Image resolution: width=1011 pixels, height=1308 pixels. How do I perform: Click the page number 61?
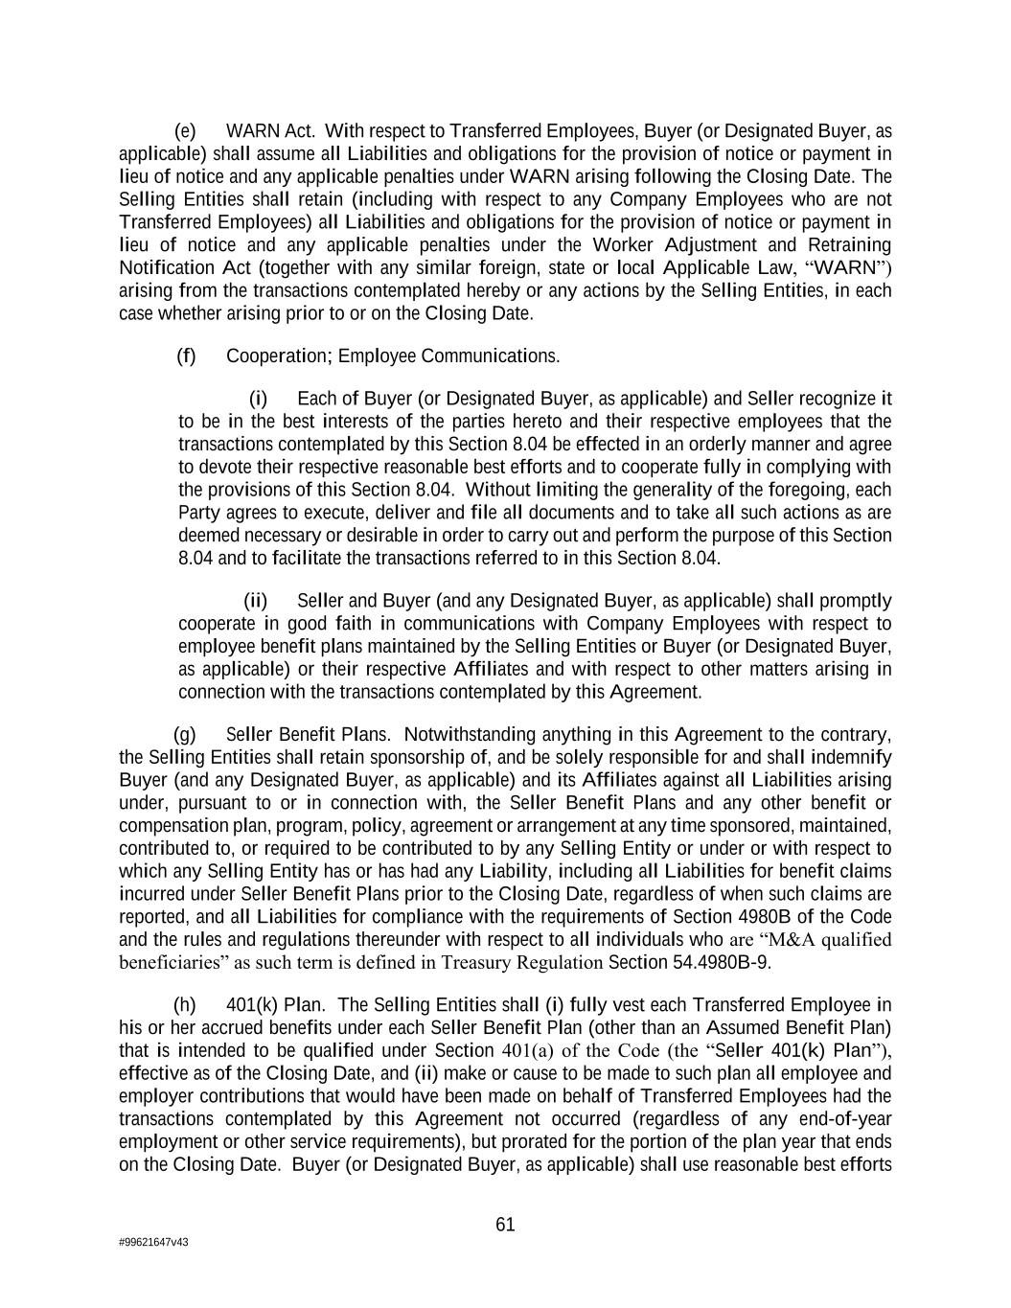(505, 1224)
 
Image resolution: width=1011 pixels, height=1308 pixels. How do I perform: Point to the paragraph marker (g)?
(185, 735)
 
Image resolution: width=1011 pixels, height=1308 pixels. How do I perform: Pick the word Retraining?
(848, 244)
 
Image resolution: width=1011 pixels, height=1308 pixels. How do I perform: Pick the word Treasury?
(476, 962)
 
